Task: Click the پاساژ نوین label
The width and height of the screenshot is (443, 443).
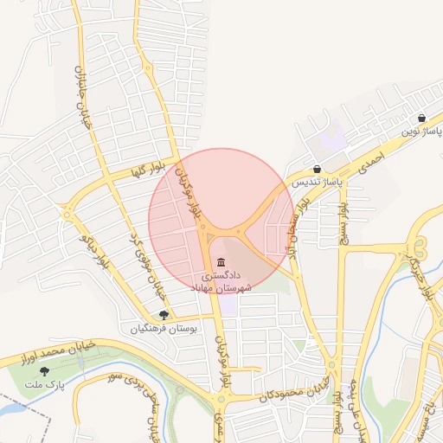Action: tap(421, 132)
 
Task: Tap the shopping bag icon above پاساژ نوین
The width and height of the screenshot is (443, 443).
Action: tap(421, 119)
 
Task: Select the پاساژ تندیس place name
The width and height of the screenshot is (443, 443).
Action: tap(317, 183)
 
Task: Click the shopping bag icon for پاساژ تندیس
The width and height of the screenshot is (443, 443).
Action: tap(318, 170)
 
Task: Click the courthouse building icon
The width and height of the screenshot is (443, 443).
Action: tap(222, 262)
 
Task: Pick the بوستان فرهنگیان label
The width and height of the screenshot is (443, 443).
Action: tap(164, 329)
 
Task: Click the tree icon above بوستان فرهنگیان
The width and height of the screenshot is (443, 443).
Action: tap(164, 315)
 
